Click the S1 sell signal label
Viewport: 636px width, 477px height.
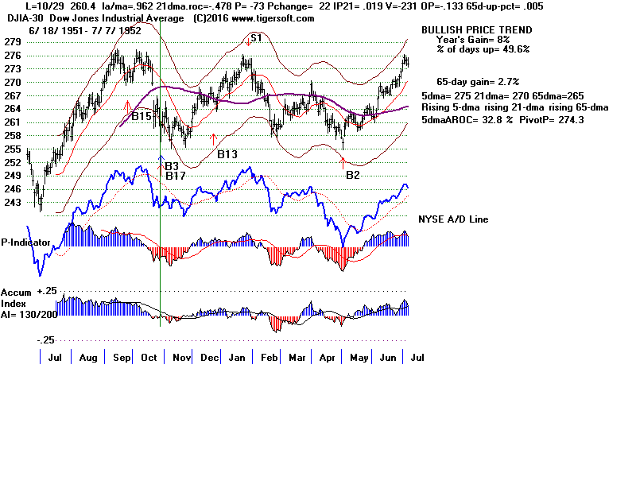click(x=256, y=37)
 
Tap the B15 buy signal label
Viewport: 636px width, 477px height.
click(x=142, y=116)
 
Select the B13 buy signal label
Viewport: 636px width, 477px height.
click(x=227, y=153)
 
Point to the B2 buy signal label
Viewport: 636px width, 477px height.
click(x=353, y=173)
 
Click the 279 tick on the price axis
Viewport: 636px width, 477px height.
click(x=12, y=42)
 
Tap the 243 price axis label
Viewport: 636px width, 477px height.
click(x=12, y=203)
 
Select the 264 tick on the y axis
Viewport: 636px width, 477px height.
click(x=12, y=109)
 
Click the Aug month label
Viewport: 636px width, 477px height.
click(x=89, y=359)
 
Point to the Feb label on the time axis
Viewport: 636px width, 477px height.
click(x=268, y=359)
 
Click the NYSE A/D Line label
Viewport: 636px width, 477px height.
click(x=453, y=219)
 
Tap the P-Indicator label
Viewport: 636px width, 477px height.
click(x=26, y=242)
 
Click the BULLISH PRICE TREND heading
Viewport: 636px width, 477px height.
click(x=465, y=29)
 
